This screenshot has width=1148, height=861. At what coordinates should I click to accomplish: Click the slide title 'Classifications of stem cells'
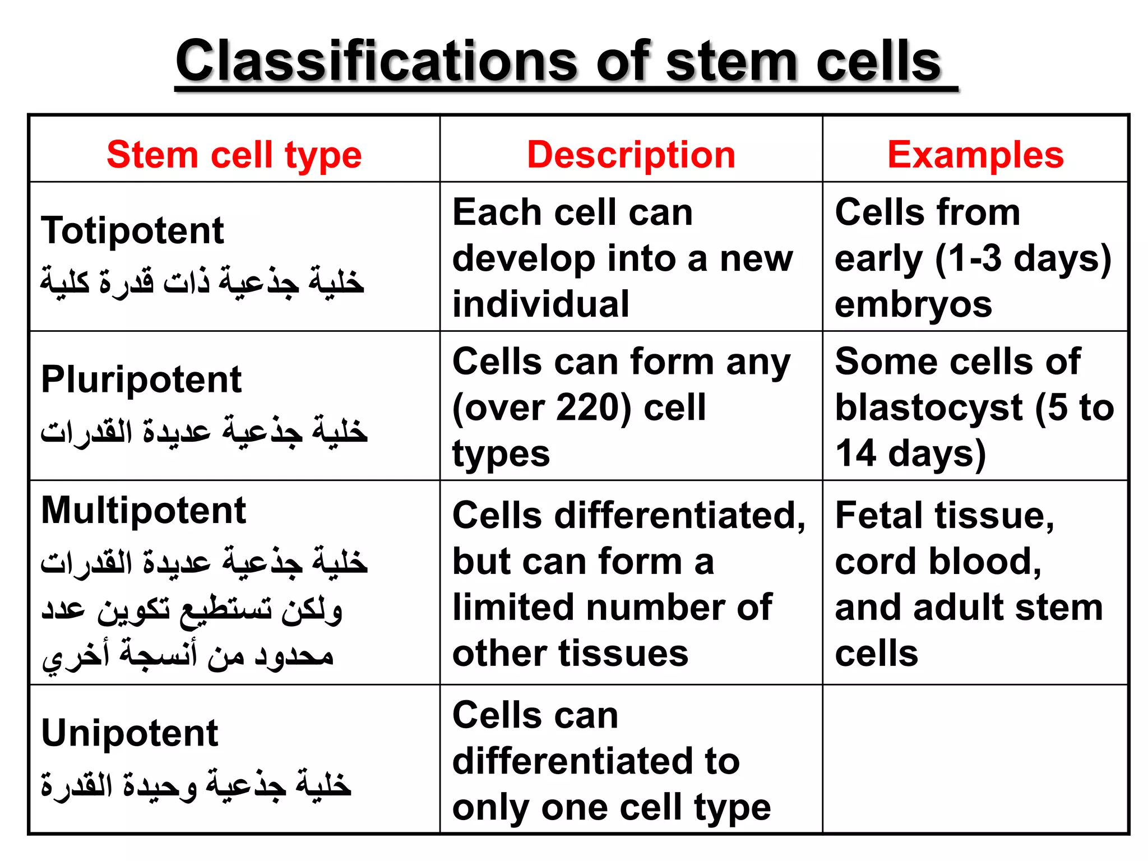coord(558,62)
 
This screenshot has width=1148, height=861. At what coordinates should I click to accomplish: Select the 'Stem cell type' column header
coord(234,155)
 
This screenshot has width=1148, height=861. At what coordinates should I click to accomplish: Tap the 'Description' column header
coord(631,155)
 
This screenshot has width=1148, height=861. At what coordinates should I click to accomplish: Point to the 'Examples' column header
coord(975,155)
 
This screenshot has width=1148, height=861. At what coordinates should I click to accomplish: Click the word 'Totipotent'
coord(132,230)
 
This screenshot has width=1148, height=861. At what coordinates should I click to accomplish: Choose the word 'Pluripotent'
coord(141,379)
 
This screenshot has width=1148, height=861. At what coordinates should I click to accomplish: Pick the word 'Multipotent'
coord(143,511)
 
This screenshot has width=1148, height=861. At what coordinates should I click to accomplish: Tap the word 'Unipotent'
coord(129,733)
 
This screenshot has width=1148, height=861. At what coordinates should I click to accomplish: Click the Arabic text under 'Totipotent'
coord(202,281)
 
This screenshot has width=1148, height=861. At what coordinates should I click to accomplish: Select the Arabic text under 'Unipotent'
coord(196,784)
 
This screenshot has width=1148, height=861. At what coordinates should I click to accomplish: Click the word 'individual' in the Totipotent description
coord(541,304)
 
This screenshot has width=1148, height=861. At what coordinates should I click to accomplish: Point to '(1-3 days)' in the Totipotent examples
coord(1023,259)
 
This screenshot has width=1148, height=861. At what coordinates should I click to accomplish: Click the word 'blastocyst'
coord(929,408)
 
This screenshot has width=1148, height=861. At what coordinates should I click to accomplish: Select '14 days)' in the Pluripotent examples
coord(910,453)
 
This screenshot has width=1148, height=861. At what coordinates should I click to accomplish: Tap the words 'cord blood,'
coord(938,562)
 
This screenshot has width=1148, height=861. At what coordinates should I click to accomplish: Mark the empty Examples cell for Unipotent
coord(975,759)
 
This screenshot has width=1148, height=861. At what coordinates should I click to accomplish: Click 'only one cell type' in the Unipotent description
coord(612,808)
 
